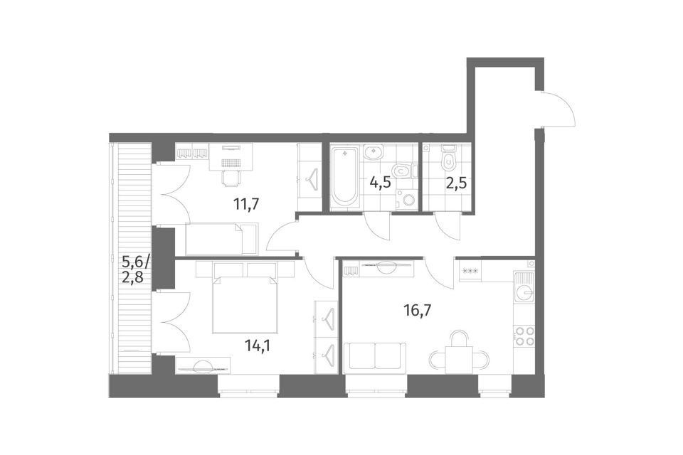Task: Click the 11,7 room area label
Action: [x=247, y=203]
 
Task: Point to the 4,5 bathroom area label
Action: [x=380, y=182]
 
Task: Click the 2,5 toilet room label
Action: [x=456, y=182]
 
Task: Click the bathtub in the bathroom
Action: [x=344, y=178]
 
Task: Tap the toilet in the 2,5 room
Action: [x=448, y=159]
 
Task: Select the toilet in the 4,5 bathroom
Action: [x=401, y=171]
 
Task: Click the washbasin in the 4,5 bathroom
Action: [x=373, y=153]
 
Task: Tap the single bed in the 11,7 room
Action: [x=222, y=239]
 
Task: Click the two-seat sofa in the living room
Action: [x=375, y=358]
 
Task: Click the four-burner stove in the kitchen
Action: [x=524, y=336]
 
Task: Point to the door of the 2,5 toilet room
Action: [x=446, y=225]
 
